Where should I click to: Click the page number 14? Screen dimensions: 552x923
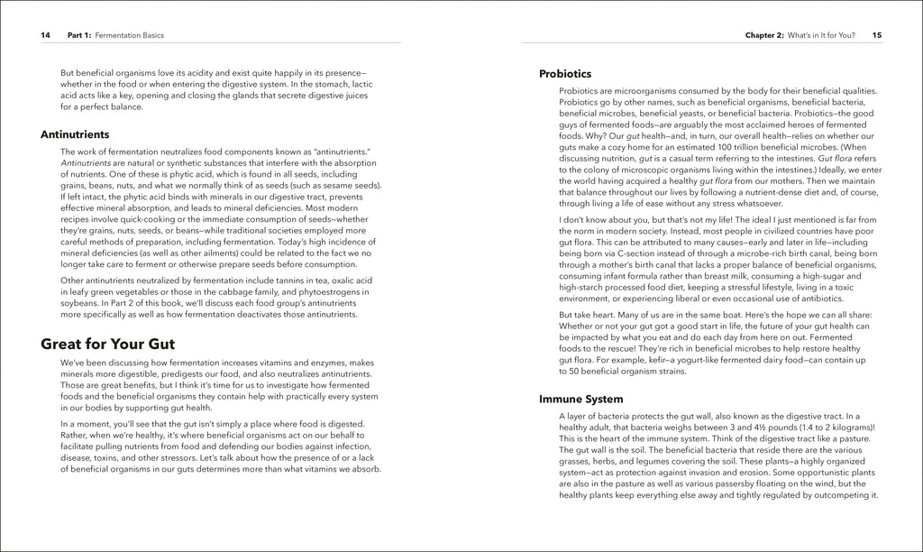pyautogui.click(x=45, y=35)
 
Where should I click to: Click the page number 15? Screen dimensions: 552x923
pyautogui.click(x=877, y=35)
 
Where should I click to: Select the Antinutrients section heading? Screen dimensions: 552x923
pyautogui.click(x=75, y=133)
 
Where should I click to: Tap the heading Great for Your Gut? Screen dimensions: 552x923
pyautogui.click(x=108, y=344)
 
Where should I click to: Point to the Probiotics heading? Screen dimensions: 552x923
pyautogui.click(x=565, y=73)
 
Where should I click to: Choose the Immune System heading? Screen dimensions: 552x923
pyautogui.click(x=580, y=398)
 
